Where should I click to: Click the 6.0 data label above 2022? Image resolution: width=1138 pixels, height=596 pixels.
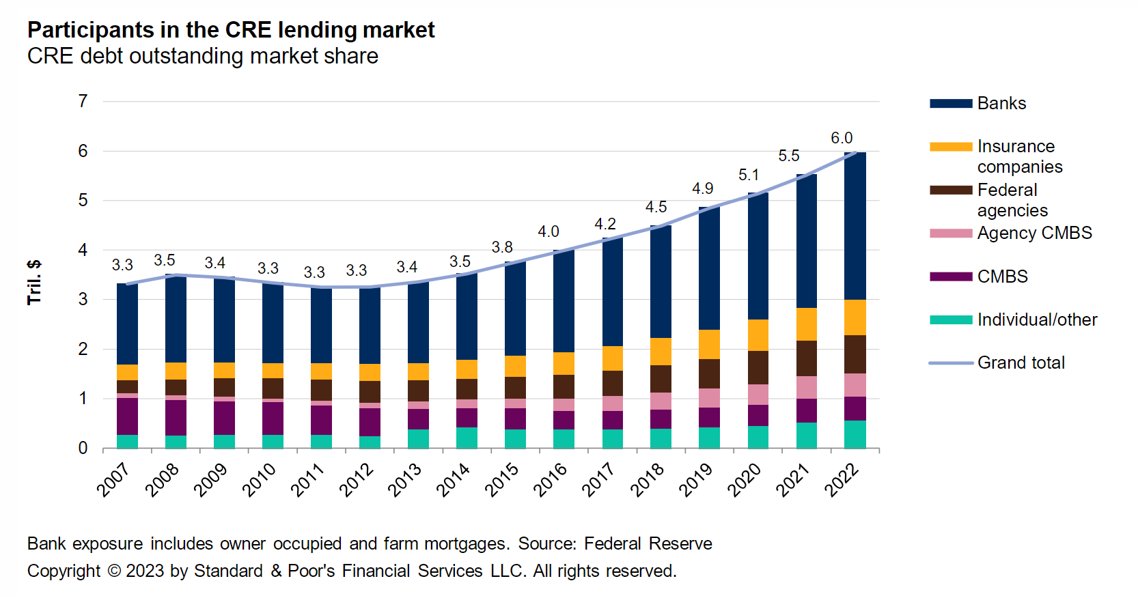(x=842, y=138)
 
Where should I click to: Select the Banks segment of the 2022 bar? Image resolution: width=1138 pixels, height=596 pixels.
(x=855, y=225)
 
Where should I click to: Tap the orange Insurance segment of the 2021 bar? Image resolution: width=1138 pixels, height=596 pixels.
(x=806, y=324)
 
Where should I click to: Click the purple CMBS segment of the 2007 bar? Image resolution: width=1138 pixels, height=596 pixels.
(x=127, y=416)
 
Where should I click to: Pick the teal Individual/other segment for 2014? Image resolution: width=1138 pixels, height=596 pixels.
(x=467, y=438)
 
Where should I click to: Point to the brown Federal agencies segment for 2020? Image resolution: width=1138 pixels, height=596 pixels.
(x=758, y=367)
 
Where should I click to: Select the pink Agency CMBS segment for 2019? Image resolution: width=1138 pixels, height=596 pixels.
(x=709, y=397)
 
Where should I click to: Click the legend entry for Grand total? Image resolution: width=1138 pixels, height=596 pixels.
(x=1021, y=363)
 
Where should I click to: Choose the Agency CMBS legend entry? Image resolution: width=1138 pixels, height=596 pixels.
(x=1034, y=233)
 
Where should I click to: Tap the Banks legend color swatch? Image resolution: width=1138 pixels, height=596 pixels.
(x=950, y=104)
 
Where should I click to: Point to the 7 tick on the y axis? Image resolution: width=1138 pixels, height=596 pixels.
(x=83, y=101)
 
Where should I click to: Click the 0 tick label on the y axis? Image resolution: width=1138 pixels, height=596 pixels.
(x=83, y=448)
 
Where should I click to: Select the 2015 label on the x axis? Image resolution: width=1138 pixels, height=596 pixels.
(x=502, y=479)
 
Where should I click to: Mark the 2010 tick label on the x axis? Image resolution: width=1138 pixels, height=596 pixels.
(x=260, y=479)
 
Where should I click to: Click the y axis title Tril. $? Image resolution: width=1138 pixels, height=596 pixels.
(x=34, y=282)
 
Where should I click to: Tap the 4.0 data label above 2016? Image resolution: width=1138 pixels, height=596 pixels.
(x=548, y=231)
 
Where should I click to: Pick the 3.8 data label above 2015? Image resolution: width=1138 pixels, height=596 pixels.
(x=502, y=247)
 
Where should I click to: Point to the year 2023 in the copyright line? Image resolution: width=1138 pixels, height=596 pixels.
(x=145, y=571)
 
